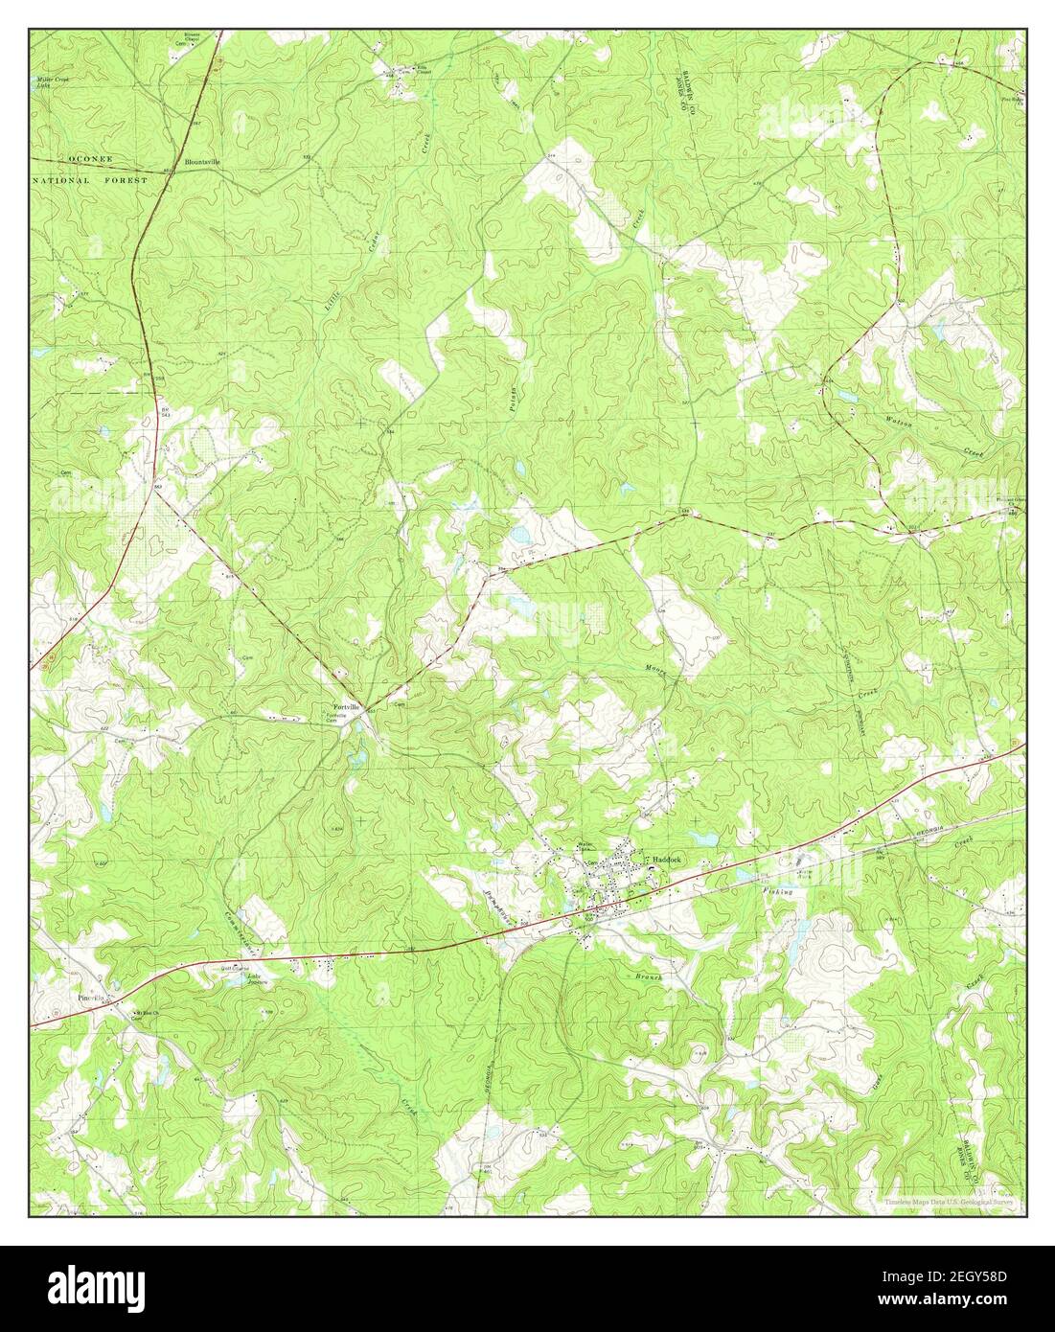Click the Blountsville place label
pos(202,162)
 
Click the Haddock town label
pos(660,861)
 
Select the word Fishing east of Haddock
pos(779,892)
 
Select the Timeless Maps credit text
pos(950,1202)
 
